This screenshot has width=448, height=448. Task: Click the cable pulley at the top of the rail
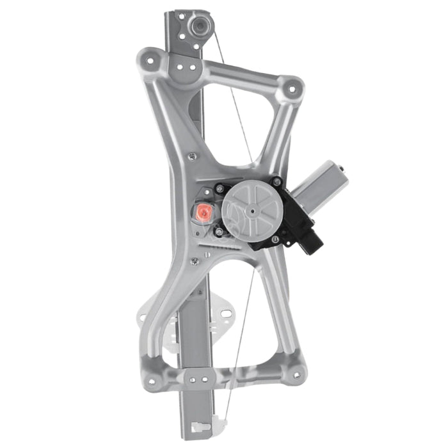click(x=200, y=28)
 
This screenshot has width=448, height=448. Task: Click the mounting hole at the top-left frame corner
click(x=152, y=62)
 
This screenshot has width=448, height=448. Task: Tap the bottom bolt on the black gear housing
click(x=220, y=231)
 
